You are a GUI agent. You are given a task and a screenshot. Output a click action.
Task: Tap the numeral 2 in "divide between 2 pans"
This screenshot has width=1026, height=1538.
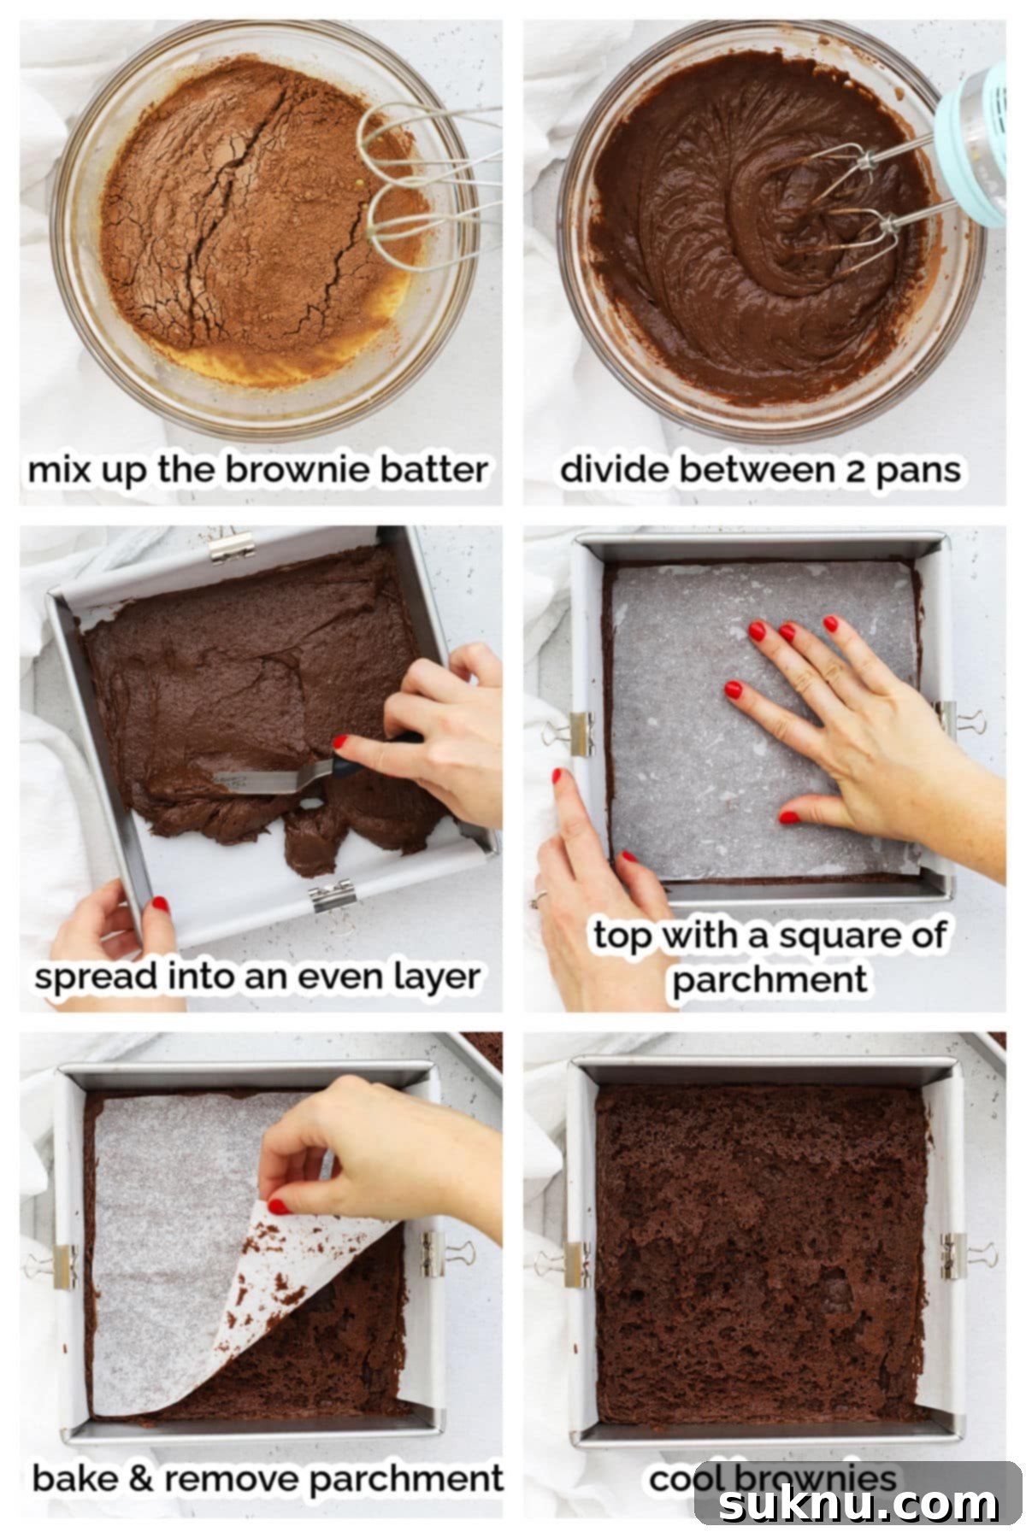click(x=858, y=470)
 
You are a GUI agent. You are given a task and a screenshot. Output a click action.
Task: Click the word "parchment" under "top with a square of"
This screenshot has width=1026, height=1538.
click(x=769, y=979)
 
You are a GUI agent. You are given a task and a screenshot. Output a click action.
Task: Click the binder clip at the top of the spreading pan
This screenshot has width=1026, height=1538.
click(x=232, y=545)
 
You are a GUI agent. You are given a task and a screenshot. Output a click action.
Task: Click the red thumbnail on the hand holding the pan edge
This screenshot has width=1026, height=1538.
click(x=159, y=904)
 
